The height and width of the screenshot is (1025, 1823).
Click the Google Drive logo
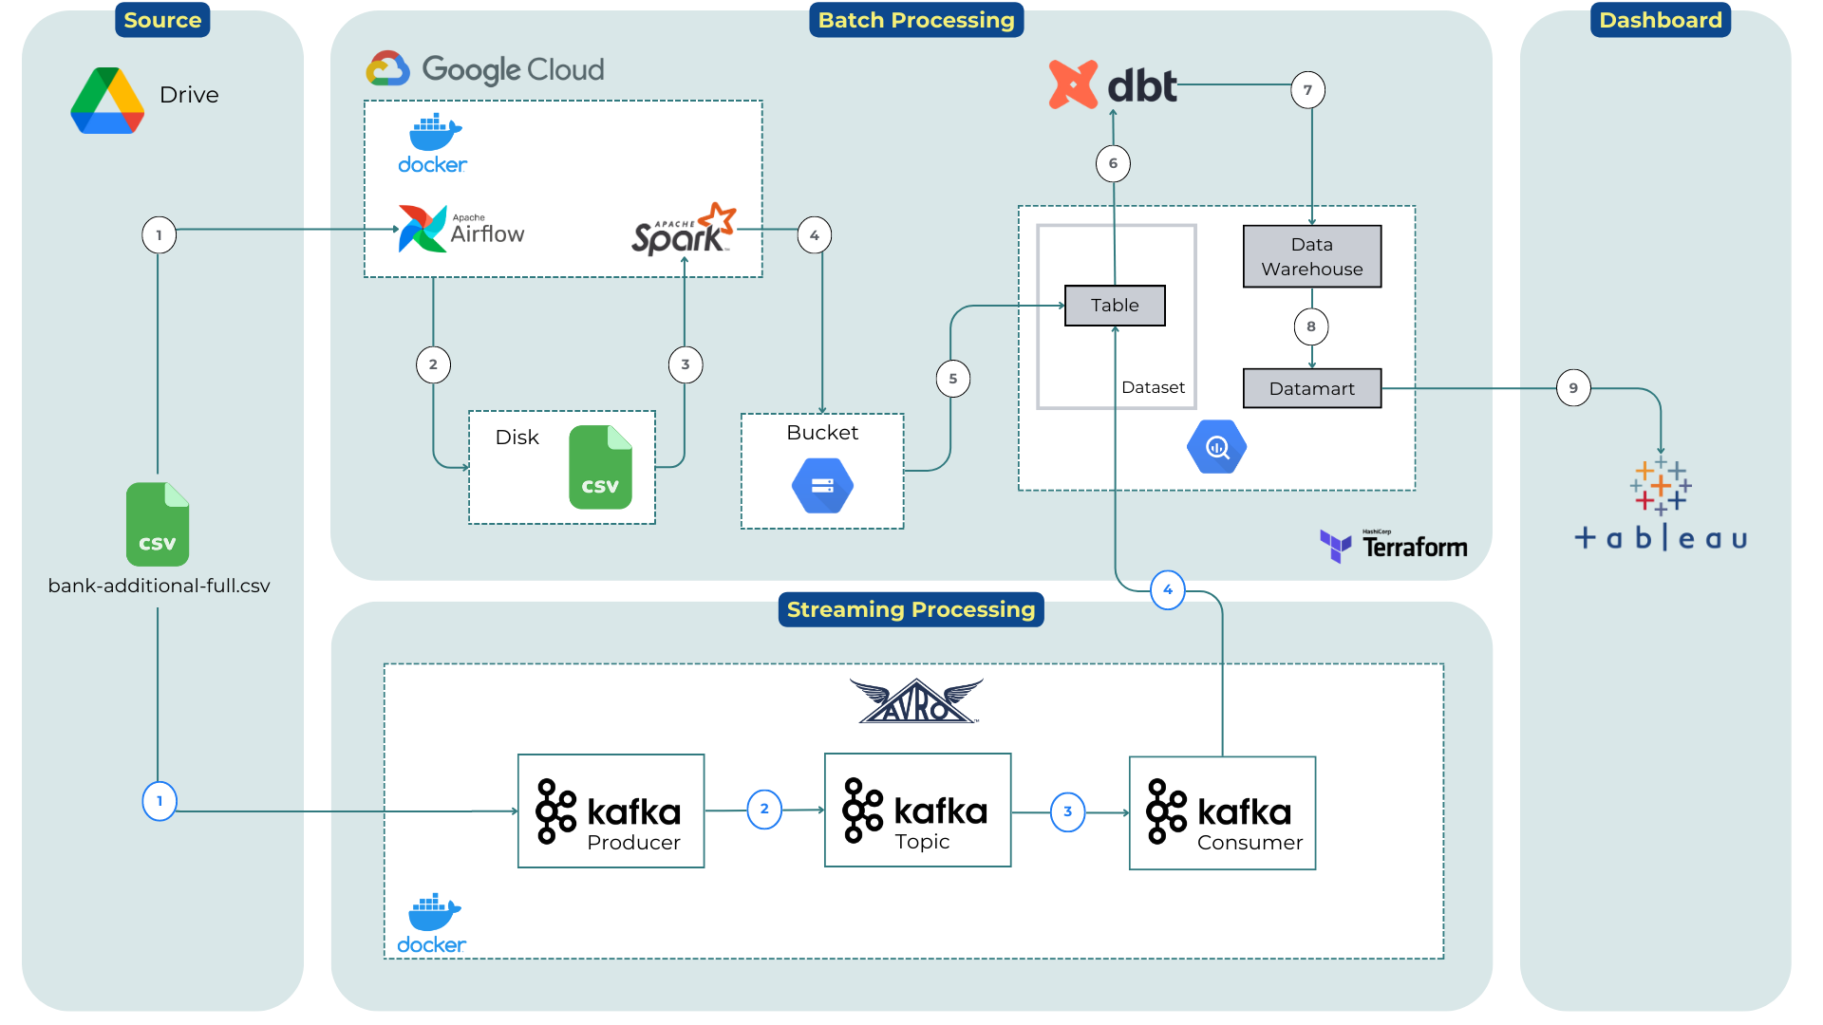[107, 101]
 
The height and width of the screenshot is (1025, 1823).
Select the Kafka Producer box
[611, 811]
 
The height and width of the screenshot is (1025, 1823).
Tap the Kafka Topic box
[917, 811]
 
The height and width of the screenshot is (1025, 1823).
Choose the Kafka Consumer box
[1222, 813]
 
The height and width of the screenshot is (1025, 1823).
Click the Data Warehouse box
[1311, 256]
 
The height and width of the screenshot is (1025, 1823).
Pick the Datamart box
[1311, 388]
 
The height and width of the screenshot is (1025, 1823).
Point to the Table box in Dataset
[1115, 306]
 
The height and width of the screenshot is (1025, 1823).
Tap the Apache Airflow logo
[461, 229]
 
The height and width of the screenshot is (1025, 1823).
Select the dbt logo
[1113, 85]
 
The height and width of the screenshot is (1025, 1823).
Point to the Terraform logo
[1393, 546]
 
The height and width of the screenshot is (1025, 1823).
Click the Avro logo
[916, 701]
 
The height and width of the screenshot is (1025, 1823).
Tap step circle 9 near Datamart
[1573, 388]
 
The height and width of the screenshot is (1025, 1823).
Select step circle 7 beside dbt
[1307, 90]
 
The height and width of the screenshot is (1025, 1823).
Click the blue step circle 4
[1167, 590]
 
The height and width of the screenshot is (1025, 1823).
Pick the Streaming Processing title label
[911, 609]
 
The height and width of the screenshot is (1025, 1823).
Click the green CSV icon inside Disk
[600, 467]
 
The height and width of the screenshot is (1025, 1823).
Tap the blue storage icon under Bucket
[822, 486]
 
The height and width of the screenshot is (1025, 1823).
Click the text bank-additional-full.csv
[159, 586]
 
